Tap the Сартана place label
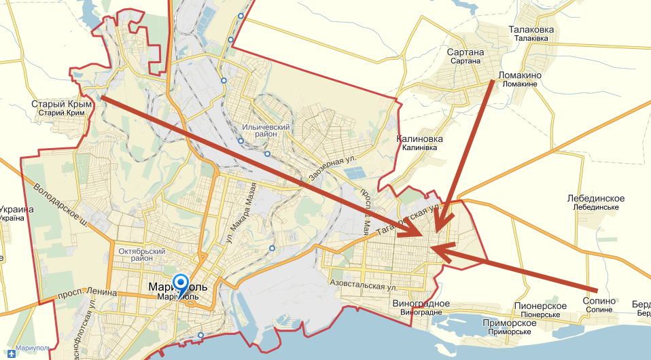point(465,53)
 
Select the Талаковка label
point(531,30)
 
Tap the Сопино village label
point(599,301)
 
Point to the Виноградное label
point(421,304)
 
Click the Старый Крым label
point(61,105)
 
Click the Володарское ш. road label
point(60,204)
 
